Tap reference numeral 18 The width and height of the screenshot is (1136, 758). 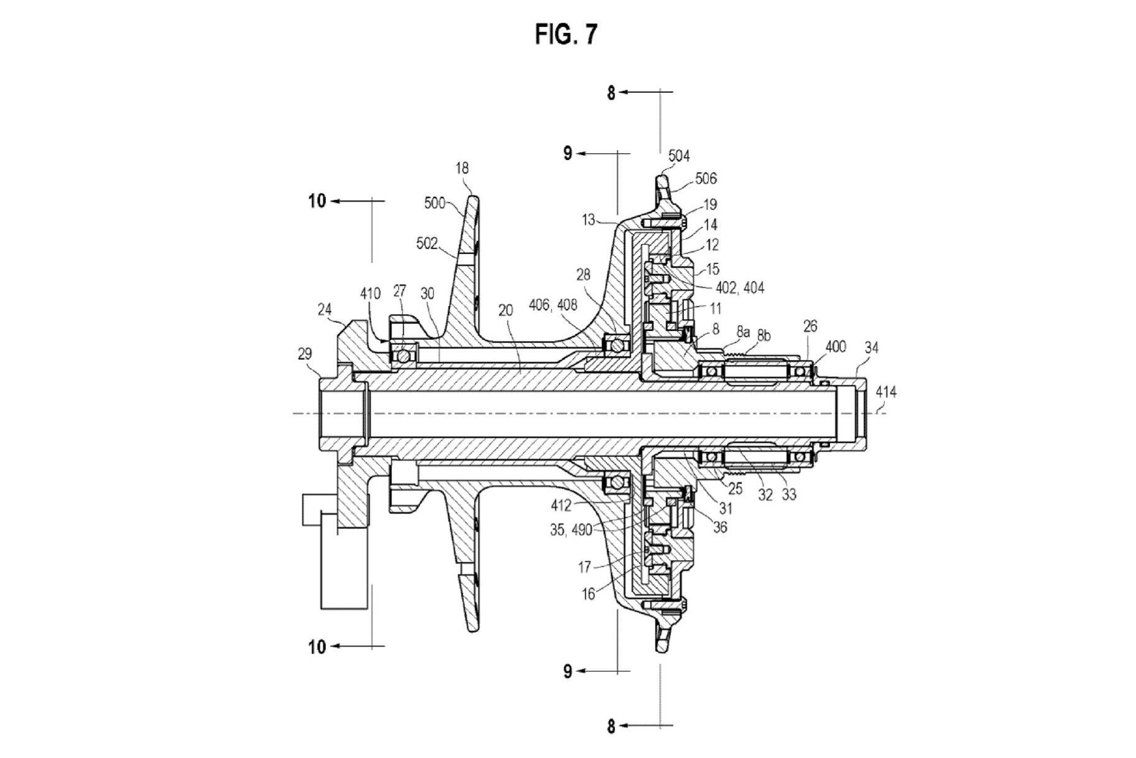click(x=461, y=168)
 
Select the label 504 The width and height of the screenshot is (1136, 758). click(x=678, y=156)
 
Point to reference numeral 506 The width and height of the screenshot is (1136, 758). click(x=705, y=179)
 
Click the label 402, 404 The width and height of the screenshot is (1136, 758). click(x=740, y=288)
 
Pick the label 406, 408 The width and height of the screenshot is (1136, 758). click(x=553, y=304)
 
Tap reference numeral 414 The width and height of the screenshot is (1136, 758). click(x=885, y=391)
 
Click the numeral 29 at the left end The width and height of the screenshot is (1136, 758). click(x=305, y=353)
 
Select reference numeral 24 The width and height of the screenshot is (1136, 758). click(x=325, y=309)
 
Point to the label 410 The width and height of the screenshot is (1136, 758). click(x=370, y=293)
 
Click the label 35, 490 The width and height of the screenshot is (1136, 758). click(x=571, y=530)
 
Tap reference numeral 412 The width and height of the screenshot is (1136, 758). click(x=561, y=505)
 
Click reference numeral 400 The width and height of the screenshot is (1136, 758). click(x=836, y=346)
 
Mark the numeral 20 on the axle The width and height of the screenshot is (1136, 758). click(x=506, y=310)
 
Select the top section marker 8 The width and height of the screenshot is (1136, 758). click(x=611, y=93)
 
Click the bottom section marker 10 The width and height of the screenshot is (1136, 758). click(x=317, y=647)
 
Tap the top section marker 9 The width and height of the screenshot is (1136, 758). click(x=567, y=153)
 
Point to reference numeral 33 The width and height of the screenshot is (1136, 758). click(x=788, y=495)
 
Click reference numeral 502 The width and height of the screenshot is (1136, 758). click(x=427, y=243)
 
